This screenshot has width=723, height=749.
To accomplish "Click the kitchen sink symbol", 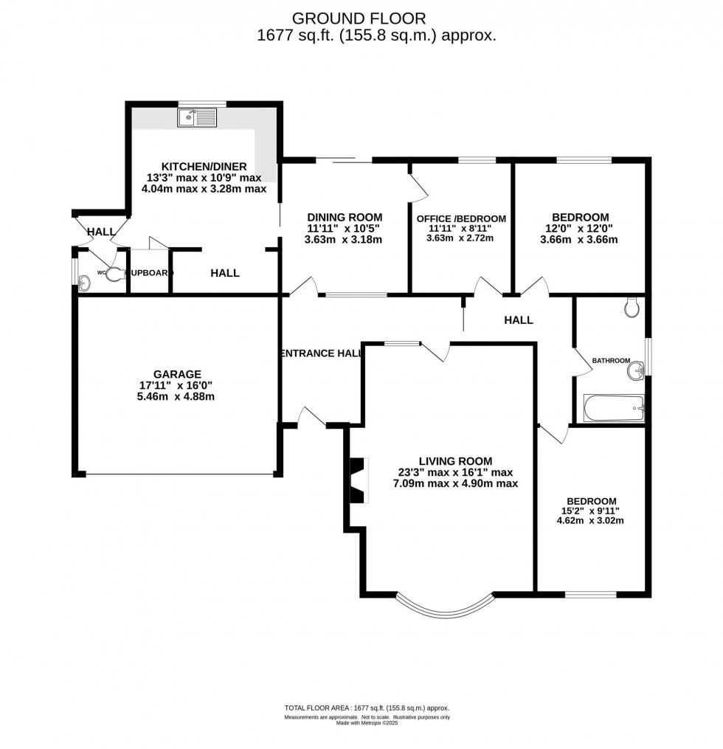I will (197, 117).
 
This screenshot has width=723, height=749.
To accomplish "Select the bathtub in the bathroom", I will (614, 407).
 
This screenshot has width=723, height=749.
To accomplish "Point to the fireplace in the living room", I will (357, 480).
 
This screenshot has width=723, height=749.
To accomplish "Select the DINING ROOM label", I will (345, 217).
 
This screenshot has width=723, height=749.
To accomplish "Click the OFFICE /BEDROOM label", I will (461, 218).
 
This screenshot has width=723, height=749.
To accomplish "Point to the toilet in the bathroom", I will (632, 307).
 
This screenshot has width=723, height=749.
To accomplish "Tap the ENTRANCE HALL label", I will (321, 353).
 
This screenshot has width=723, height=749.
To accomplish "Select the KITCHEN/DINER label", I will (204, 166).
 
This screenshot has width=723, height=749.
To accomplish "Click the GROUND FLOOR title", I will (359, 18).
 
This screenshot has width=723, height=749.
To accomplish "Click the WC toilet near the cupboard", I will (113, 275).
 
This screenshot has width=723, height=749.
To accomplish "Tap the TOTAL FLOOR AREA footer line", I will (367, 708).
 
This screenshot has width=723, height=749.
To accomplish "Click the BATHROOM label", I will (611, 360).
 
